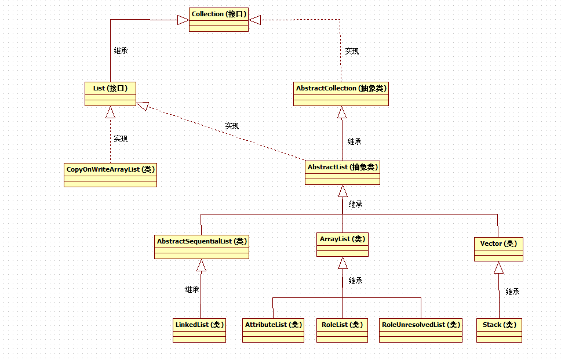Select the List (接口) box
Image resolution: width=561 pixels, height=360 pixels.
(x=110, y=93)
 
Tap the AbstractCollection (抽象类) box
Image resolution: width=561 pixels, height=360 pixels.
(x=341, y=93)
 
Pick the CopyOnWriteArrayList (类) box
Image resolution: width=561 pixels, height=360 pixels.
(x=110, y=174)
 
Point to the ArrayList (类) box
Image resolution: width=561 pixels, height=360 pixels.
(x=343, y=244)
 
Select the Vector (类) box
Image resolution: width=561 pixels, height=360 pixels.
(x=498, y=248)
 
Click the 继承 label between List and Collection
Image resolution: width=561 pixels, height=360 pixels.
(x=121, y=50)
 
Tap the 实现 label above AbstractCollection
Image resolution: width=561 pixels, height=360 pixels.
(x=352, y=51)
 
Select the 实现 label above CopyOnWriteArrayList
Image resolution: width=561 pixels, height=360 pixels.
(x=121, y=139)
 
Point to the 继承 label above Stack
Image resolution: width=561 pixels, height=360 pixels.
(x=512, y=292)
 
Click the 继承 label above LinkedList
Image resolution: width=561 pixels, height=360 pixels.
(x=192, y=289)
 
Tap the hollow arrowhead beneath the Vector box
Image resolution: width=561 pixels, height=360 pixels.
(x=498, y=267)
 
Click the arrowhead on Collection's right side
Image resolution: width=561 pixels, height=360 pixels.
(x=255, y=20)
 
